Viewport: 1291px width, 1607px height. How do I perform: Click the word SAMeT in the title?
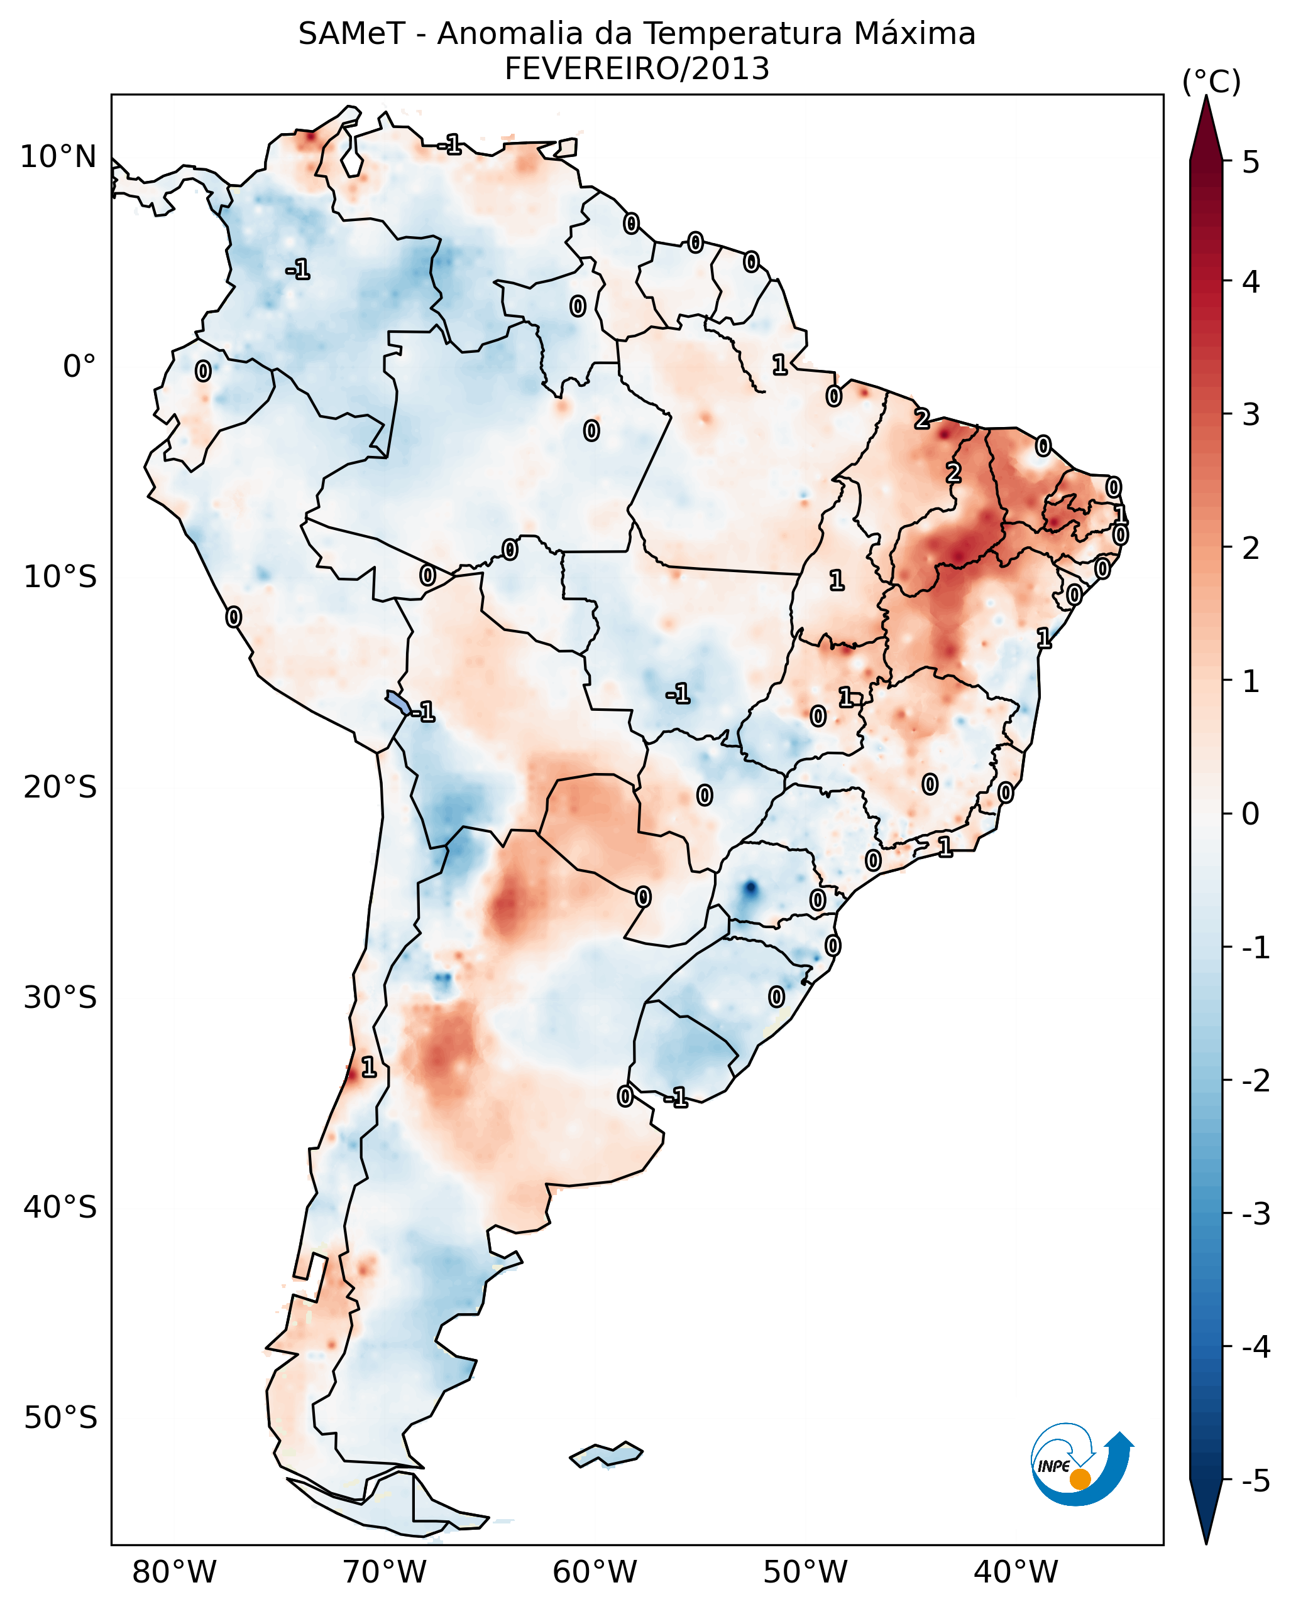[351, 35]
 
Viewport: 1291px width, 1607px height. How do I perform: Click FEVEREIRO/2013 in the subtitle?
[637, 69]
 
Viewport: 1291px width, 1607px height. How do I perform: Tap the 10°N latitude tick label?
[58, 157]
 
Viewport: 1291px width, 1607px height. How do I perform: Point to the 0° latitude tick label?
[79, 367]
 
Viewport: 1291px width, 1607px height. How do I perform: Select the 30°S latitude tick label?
[60, 997]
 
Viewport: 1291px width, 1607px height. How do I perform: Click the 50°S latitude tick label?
[60, 1418]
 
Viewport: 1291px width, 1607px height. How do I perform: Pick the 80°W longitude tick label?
[175, 1572]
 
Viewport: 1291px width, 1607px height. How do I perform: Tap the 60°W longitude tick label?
[595, 1572]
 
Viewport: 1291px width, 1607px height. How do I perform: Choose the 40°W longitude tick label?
[1015, 1572]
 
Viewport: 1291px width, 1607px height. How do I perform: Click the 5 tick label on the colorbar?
[1251, 163]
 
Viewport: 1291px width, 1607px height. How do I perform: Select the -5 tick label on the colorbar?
[1255, 1481]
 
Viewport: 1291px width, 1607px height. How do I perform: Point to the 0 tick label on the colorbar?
[1251, 814]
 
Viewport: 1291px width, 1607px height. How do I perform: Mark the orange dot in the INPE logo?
[1080, 1480]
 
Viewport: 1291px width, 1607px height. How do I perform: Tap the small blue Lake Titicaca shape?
[397, 701]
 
